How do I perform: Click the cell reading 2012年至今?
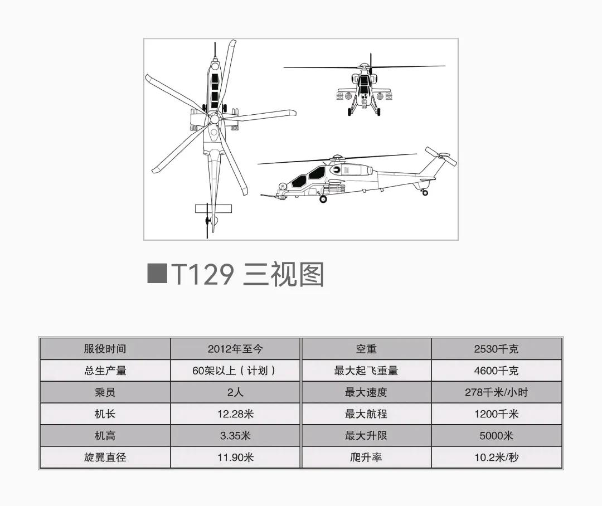click(x=235, y=349)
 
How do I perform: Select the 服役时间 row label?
click(x=105, y=349)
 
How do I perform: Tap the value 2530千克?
click(x=496, y=349)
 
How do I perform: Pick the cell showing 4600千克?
click(x=496, y=371)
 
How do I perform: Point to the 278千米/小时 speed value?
click(x=496, y=392)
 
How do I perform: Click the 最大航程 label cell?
click(x=366, y=414)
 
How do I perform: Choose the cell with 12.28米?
click(x=235, y=414)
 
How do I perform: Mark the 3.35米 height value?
click(x=235, y=436)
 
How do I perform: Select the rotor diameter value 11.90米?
click(x=235, y=458)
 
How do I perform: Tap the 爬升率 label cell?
click(x=366, y=458)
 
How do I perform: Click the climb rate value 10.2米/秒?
click(x=496, y=458)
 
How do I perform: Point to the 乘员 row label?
click(x=105, y=392)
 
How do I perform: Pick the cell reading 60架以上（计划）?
click(x=235, y=371)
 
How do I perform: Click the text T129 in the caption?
click(x=202, y=274)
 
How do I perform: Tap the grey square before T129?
click(x=157, y=274)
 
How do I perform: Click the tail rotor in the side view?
click(x=441, y=157)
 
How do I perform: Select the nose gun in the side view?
click(x=270, y=195)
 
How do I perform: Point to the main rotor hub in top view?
click(x=213, y=119)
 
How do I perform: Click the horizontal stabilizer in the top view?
click(x=213, y=208)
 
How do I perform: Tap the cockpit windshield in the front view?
click(x=364, y=84)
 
